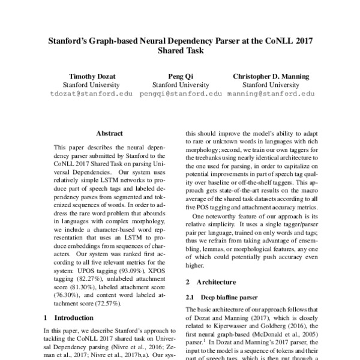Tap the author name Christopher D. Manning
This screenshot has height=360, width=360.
click(272, 77)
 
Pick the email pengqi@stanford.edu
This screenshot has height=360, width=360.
click(178, 94)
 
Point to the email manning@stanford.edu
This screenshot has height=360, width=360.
click(271, 94)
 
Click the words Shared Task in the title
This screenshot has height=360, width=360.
click(180, 52)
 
